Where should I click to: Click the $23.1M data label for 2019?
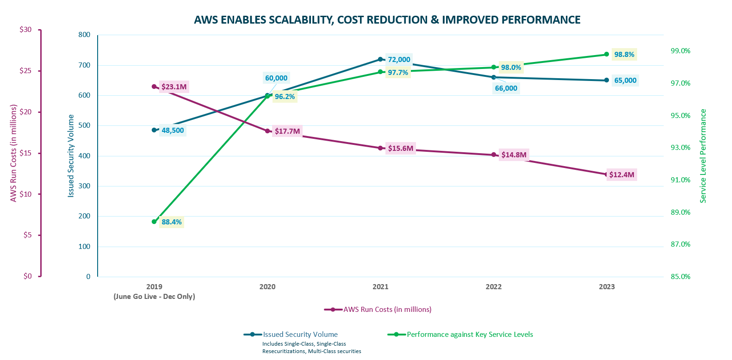pos(174,87)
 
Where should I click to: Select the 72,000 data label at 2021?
pos(399,60)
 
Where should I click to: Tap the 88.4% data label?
pos(172,222)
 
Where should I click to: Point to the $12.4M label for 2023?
pos(621,175)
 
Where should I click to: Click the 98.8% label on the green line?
pos(624,55)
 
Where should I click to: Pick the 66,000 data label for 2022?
pos(506,88)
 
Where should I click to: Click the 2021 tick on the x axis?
pos(380,287)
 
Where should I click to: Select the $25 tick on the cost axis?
pos(25,71)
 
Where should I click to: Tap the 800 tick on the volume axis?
pos(84,35)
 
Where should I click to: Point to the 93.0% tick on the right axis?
pos(680,148)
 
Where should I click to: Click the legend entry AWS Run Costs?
pos(387,310)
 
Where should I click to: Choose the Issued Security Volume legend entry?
pos(300,335)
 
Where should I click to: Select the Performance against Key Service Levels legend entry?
pos(470,335)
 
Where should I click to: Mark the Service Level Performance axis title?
pos(703,156)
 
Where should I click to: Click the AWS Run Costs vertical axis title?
pos(13,153)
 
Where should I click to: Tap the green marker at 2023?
pos(606,55)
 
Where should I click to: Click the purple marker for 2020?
pos(267,131)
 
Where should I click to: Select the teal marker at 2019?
pos(154,130)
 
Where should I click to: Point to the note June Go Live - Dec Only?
pos(154,297)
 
